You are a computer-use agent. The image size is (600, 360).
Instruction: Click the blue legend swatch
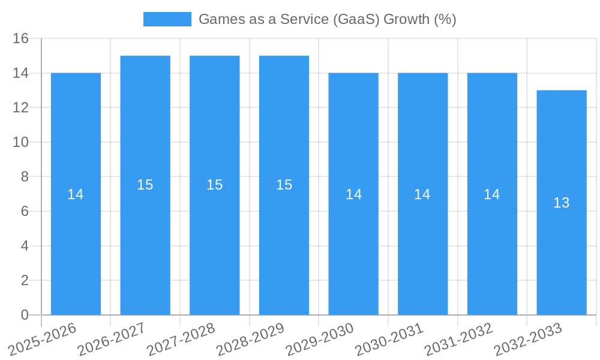167,19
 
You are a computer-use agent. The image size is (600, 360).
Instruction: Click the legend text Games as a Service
327,19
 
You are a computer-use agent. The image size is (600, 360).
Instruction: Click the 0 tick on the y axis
25,315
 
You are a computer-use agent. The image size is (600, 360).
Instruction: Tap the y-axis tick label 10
21,142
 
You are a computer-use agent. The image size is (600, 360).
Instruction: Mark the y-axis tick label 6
25,211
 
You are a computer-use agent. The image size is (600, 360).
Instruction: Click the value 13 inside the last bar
562,203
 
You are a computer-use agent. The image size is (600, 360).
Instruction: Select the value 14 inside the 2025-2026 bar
76,194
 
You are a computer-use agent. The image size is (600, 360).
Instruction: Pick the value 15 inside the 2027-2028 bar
215,185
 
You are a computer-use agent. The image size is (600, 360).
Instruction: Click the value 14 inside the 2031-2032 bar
492,194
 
